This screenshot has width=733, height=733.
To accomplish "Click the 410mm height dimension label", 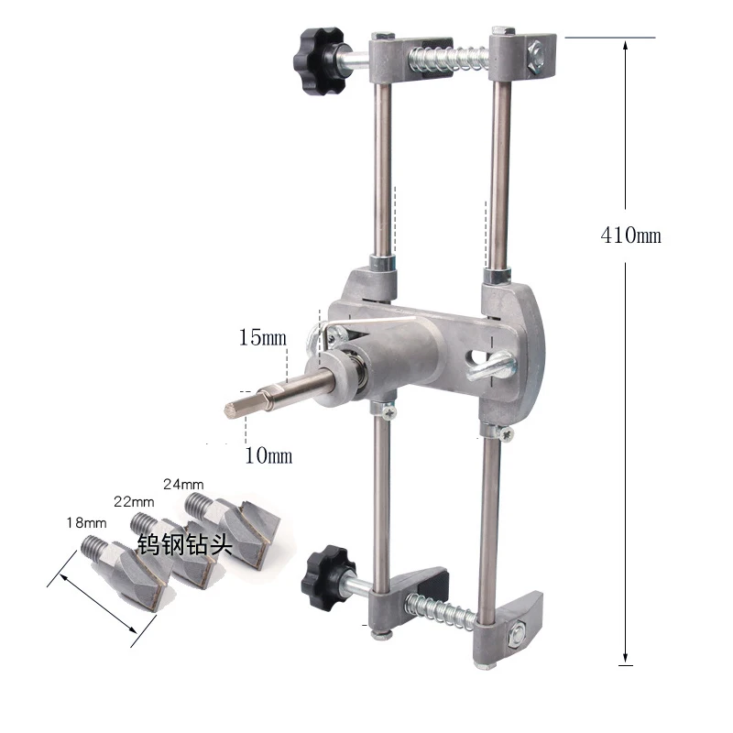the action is [630, 235].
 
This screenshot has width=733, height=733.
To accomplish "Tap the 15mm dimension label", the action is [262, 337].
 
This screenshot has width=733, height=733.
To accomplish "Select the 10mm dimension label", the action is [268, 455].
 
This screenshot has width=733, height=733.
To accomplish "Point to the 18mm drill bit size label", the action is [86, 522].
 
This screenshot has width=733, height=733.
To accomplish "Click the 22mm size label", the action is [134, 501].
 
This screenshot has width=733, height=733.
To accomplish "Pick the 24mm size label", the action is [183, 484].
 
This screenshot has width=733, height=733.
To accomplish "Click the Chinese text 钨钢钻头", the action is [185, 543].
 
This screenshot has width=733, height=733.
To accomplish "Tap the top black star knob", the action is [320, 60].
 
